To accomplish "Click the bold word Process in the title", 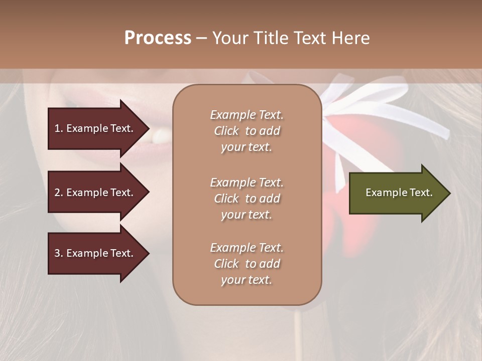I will [158, 38].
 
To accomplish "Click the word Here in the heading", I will [351, 38].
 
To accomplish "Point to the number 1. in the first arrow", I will [59, 128].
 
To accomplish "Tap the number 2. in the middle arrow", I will [59, 193].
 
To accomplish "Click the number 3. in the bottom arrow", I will [59, 253].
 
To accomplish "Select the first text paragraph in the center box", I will [247, 131].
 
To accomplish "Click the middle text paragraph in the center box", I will [247, 199].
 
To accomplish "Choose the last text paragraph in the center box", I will [247, 264].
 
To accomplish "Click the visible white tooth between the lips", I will [162, 135].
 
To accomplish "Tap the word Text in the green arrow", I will [422, 193].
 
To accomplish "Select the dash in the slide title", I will [201, 39].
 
